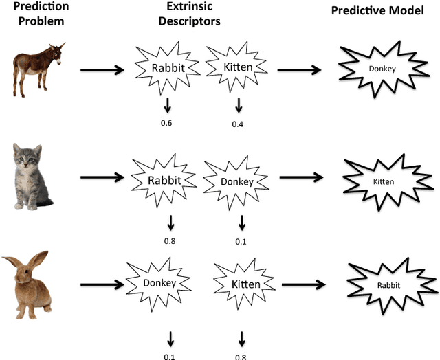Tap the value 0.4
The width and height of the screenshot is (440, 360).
[238, 124]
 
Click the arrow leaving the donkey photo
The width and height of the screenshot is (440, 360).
[102, 69]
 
